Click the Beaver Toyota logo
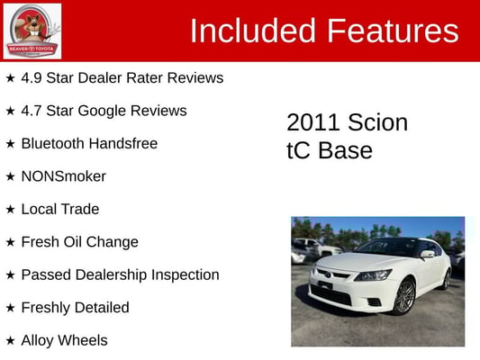tap(32, 31)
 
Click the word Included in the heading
tap(253, 31)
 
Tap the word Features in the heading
tap(394, 31)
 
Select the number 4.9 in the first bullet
tap(32, 77)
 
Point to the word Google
tap(102, 112)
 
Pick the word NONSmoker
tap(64, 176)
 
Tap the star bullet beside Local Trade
tap(10, 210)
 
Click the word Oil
tap(73, 242)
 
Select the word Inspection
tap(186, 275)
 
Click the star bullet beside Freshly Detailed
tap(10, 308)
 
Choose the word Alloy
tap(37, 341)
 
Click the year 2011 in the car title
tap(312, 122)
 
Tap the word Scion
tap(377, 122)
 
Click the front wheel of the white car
tap(403, 296)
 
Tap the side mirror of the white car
tap(428, 254)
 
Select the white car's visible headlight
tap(373, 274)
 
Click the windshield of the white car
tap(388, 247)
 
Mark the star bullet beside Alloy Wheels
tap(10, 341)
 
